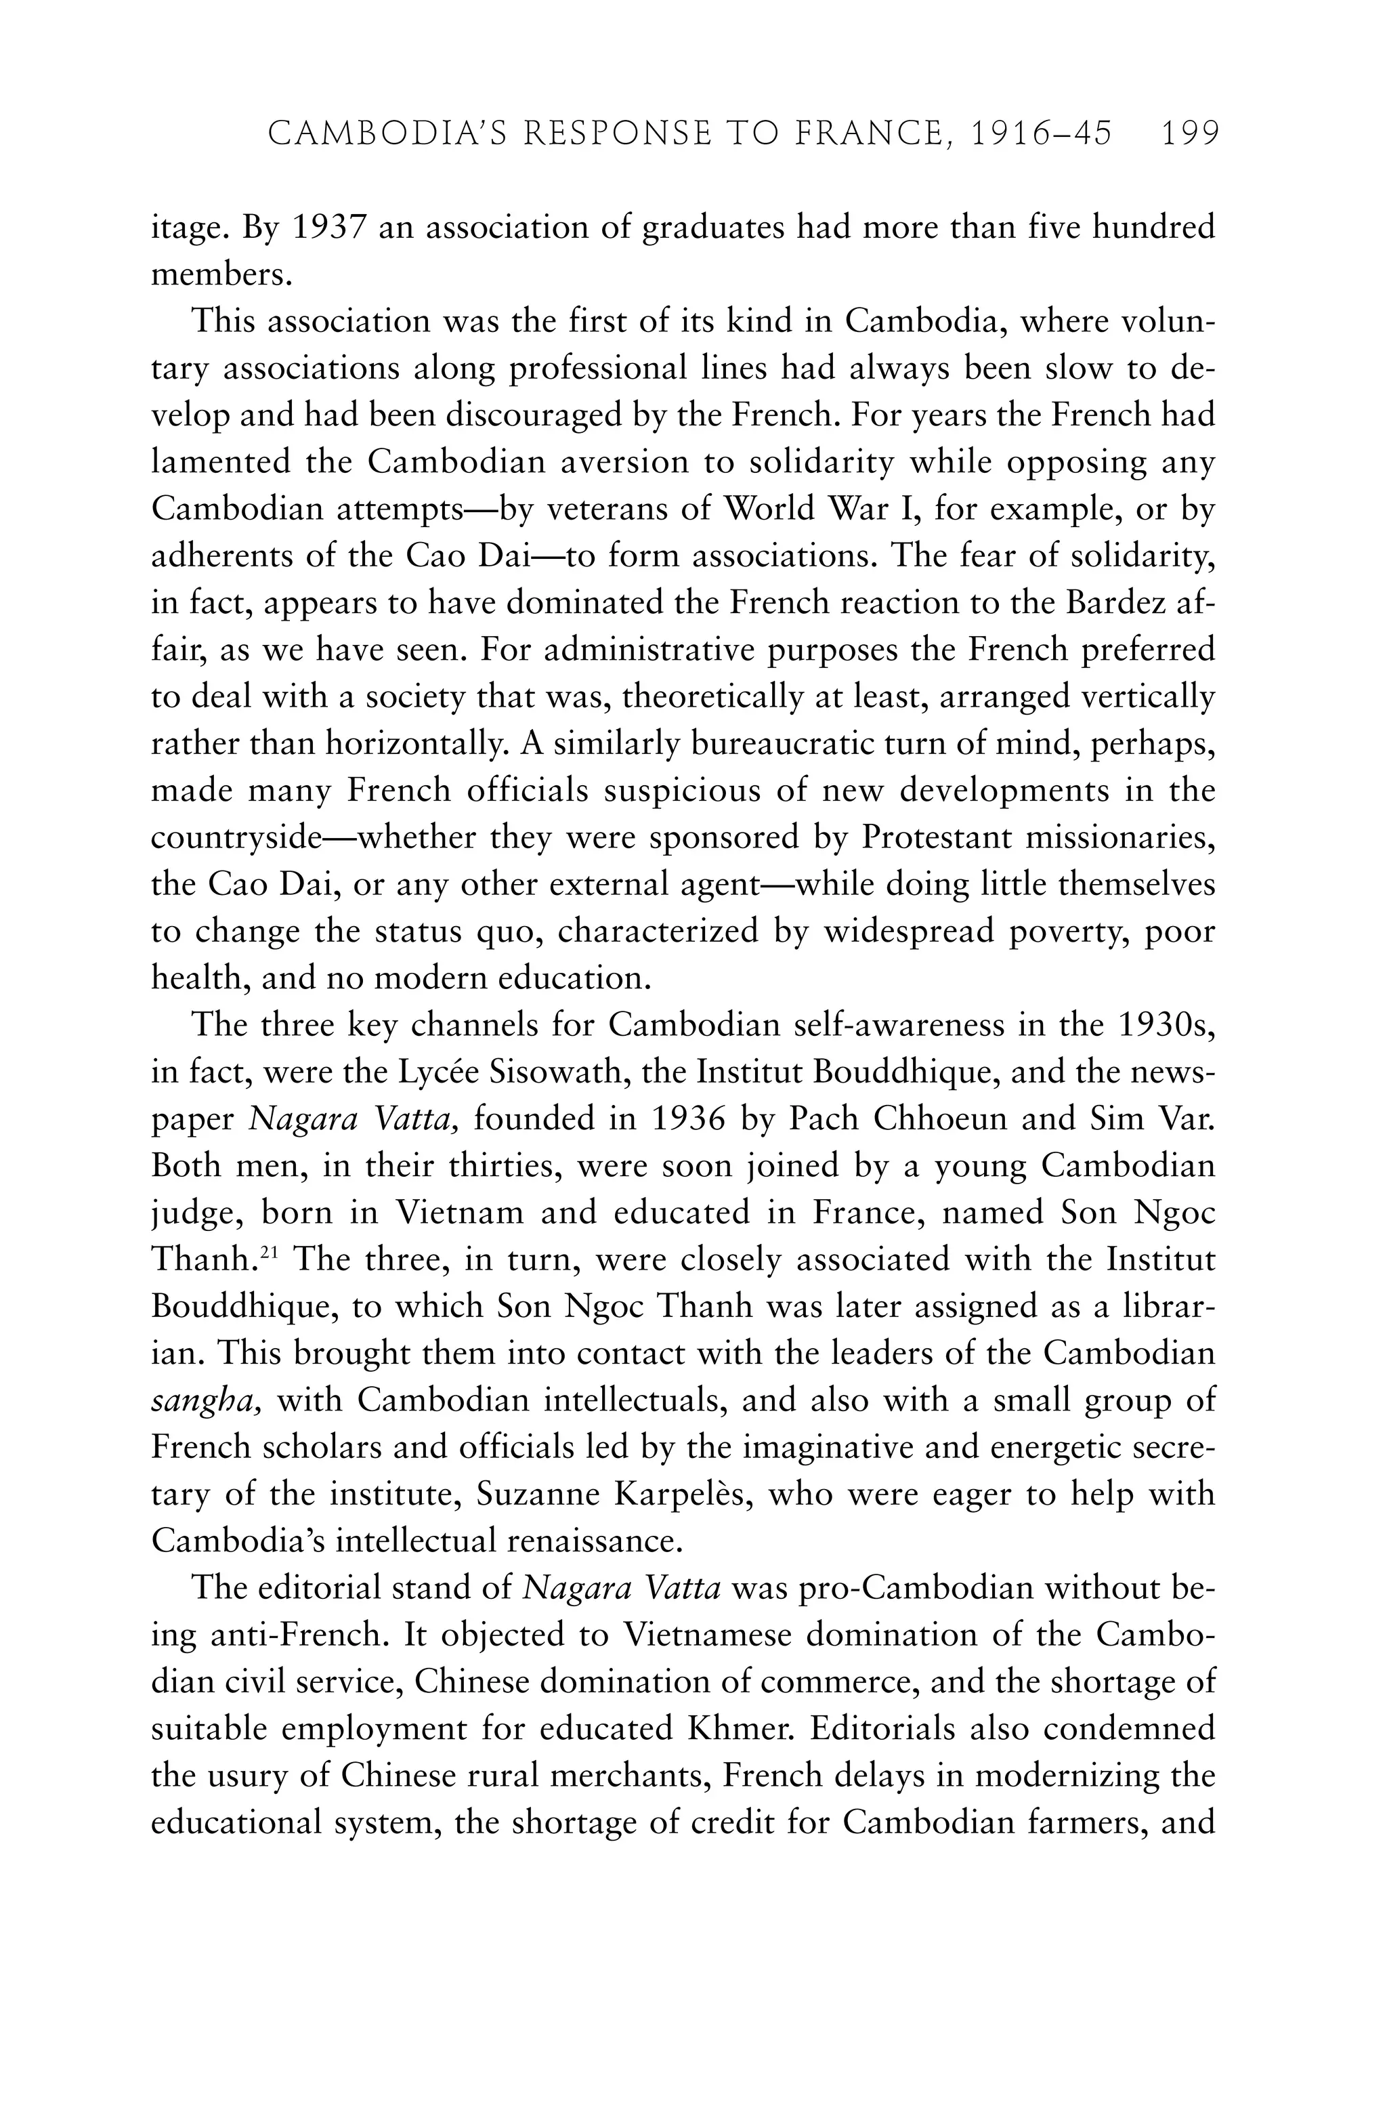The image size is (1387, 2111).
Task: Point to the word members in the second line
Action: click(221, 275)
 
